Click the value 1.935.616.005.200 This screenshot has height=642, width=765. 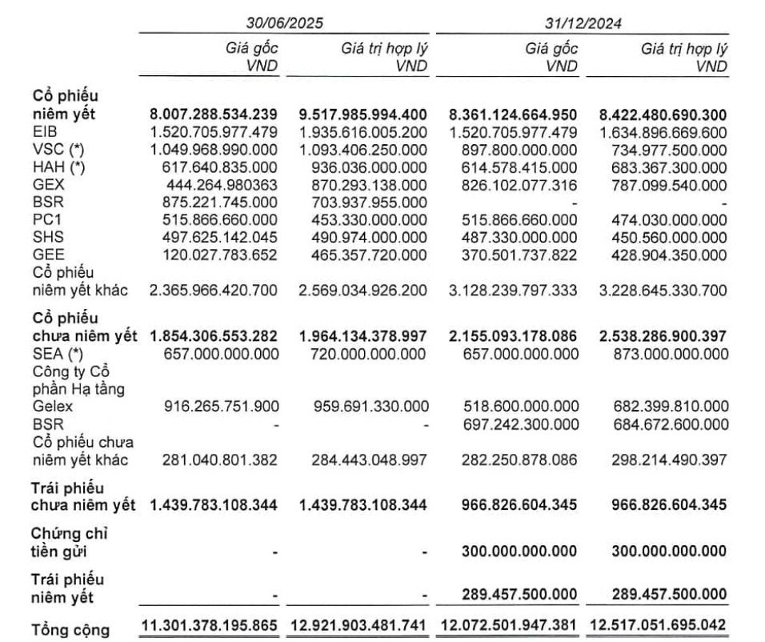363,132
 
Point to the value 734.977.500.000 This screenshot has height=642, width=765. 663,150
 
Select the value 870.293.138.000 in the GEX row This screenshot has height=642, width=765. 363,185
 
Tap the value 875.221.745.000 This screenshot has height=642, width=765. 214,203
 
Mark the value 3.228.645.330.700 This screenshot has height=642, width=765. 663,290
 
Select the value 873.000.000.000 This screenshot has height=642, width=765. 663,353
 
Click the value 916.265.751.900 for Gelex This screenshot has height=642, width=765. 214,407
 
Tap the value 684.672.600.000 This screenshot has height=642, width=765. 663,424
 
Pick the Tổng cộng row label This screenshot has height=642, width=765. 70,629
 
